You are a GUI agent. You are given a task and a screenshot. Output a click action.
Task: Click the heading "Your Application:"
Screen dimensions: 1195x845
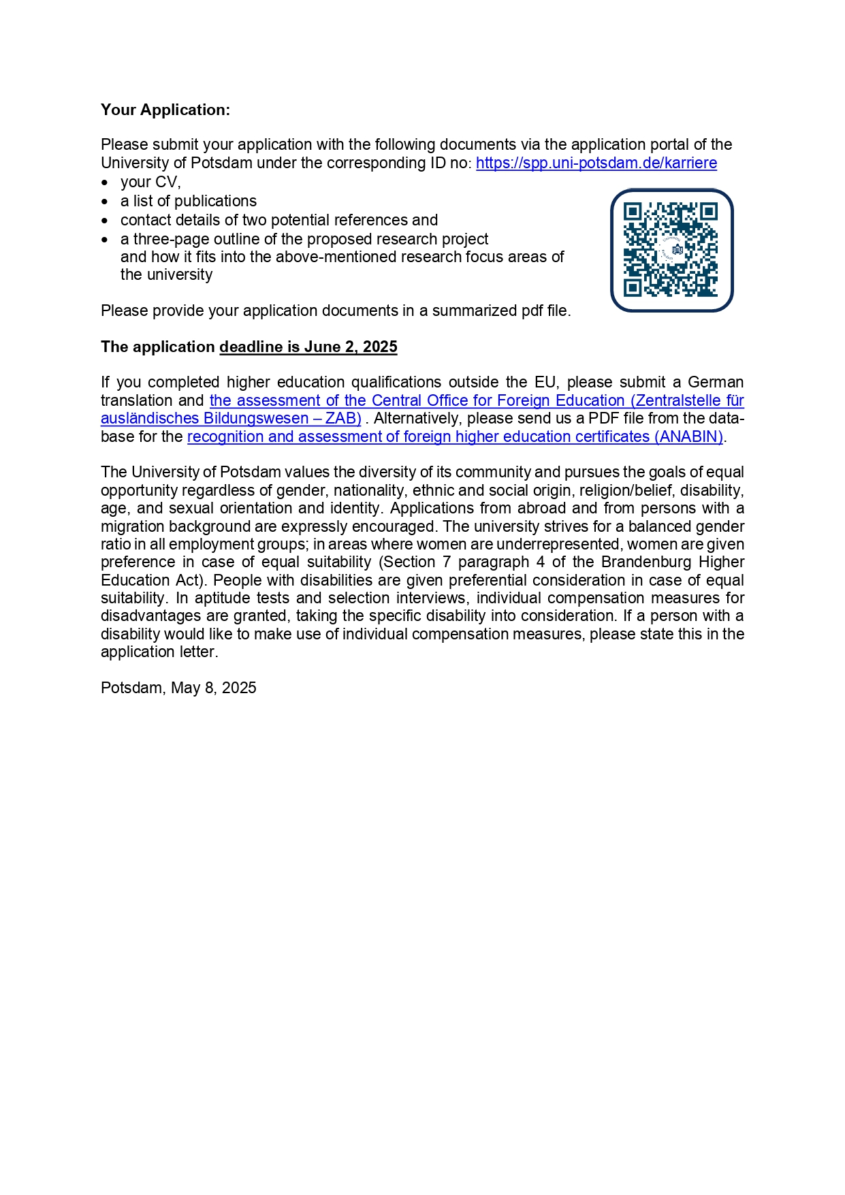tap(165, 110)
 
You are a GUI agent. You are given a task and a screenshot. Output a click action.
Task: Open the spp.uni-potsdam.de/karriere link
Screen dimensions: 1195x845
tap(596, 163)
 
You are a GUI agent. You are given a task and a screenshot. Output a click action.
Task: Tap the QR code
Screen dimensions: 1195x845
tap(671, 250)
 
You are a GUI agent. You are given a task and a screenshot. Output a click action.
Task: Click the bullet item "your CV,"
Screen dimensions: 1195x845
tap(150, 182)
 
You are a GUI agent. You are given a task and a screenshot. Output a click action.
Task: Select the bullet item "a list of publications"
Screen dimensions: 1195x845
tap(189, 201)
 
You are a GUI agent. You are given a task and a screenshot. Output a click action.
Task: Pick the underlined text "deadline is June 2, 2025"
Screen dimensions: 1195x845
tap(308, 347)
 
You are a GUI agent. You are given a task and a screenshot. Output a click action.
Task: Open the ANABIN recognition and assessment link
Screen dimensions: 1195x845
tap(455, 436)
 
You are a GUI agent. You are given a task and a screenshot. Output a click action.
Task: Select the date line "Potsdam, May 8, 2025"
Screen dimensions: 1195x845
tap(178, 688)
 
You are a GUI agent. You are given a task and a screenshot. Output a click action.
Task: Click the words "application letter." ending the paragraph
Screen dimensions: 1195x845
tap(159, 652)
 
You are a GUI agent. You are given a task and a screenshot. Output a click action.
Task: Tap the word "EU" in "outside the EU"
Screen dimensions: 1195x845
tap(545, 382)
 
